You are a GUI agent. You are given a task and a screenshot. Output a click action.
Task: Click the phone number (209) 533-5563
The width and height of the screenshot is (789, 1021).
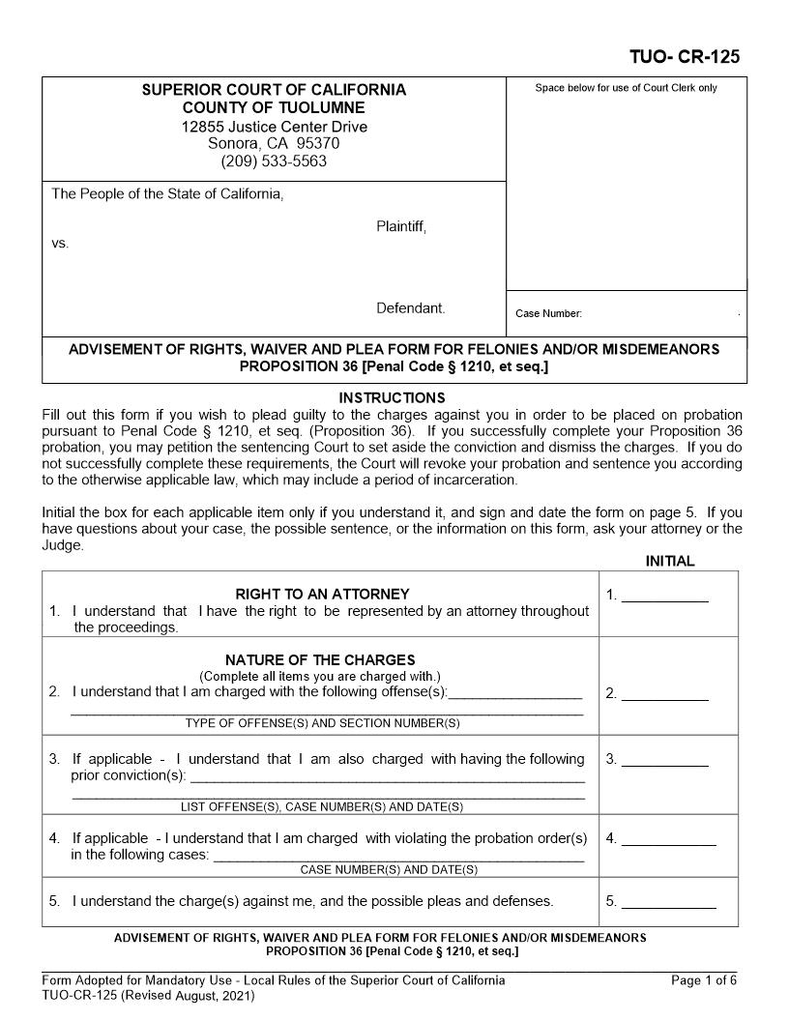tap(274, 160)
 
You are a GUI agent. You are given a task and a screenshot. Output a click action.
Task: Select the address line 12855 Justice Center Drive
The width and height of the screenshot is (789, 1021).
tap(274, 127)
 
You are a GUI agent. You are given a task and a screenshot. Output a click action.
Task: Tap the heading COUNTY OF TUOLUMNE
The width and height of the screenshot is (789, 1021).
tap(274, 108)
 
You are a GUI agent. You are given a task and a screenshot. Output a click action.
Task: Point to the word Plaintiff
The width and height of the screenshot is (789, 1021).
tap(400, 226)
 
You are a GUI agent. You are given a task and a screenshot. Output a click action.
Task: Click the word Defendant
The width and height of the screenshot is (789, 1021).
tap(411, 308)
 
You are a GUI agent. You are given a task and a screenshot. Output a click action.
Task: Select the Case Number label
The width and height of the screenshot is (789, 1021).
tap(548, 313)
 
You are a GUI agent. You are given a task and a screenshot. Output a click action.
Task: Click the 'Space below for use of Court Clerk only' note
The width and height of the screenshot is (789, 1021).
tap(626, 88)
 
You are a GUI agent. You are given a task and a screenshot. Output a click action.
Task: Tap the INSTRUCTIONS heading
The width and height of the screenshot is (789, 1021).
tap(392, 397)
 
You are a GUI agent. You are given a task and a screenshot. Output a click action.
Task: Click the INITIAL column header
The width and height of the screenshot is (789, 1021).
tap(669, 562)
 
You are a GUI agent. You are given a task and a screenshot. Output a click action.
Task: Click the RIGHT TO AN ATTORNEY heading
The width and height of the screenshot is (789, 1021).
tap(322, 594)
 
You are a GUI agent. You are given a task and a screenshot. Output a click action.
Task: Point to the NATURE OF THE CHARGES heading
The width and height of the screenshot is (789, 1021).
tap(320, 660)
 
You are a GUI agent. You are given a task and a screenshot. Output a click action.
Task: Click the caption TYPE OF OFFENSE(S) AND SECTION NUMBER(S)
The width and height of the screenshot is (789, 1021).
tap(322, 723)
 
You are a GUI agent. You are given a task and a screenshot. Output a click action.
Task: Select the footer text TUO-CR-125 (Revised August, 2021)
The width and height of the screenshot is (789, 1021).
tap(148, 996)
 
